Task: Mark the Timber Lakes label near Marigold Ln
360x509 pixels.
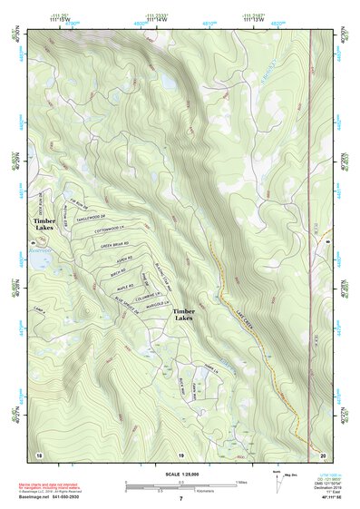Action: coord(184,315)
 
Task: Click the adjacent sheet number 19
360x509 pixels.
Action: coord(180,454)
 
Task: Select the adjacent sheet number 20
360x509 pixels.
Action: coord(323,454)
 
